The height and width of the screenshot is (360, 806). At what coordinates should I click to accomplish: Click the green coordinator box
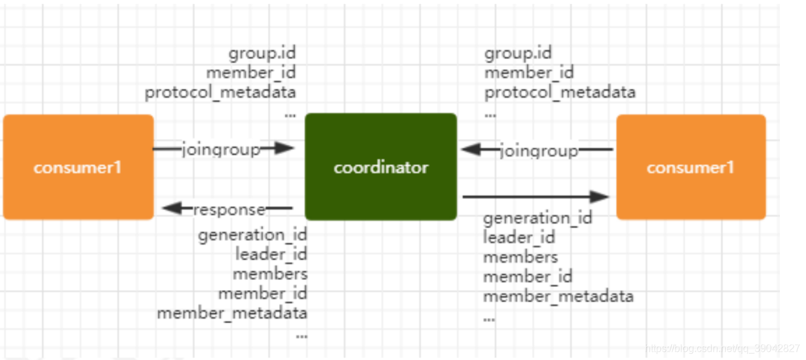click(x=380, y=167)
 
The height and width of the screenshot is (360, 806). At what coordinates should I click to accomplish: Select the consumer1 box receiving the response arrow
click(x=78, y=167)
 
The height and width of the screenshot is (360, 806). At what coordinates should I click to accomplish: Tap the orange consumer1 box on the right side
click(x=691, y=167)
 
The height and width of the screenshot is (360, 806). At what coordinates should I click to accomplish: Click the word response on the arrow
click(x=229, y=209)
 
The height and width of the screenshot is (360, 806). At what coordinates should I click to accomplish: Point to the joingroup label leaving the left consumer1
click(x=221, y=149)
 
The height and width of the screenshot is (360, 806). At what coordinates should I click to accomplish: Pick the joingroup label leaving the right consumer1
click(x=539, y=151)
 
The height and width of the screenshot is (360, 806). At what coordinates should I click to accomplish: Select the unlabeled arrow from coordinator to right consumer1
click(x=534, y=197)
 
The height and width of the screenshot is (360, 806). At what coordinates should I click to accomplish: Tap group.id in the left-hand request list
click(x=262, y=53)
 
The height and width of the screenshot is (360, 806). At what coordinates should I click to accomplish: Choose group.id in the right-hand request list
click(x=518, y=53)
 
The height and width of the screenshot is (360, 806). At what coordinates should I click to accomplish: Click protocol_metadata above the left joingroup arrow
click(x=220, y=93)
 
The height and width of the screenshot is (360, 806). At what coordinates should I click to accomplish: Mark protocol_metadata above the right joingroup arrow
click(x=560, y=93)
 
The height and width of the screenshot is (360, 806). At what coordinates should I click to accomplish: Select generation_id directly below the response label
click(x=253, y=235)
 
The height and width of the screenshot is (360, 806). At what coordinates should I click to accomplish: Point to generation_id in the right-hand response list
click(x=538, y=218)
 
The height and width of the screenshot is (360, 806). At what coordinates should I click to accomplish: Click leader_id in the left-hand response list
click(x=271, y=254)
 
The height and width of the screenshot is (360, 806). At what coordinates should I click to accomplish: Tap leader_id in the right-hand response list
click(x=519, y=238)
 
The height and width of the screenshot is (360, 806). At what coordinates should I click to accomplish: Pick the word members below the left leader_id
click(x=270, y=274)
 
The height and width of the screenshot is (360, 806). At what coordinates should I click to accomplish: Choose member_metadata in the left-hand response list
click(x=232, y=313)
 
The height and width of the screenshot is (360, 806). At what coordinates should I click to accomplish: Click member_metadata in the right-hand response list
click(x=558, y=296)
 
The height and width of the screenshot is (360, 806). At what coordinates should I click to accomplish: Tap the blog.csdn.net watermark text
click(x=722, y=349)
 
